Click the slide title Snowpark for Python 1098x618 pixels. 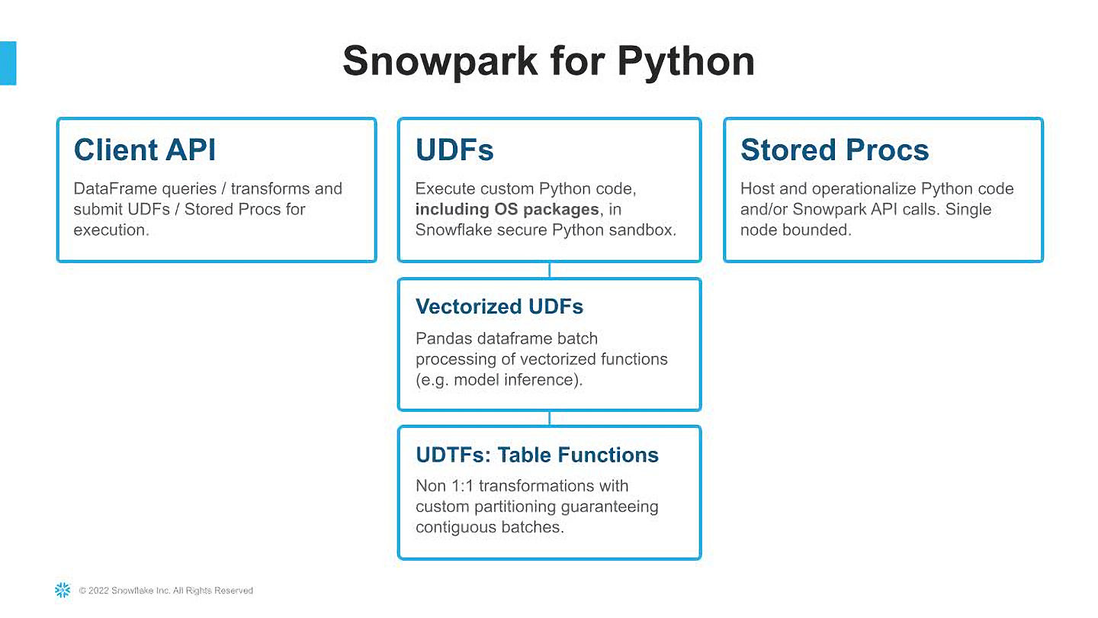548,61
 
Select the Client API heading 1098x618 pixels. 145,150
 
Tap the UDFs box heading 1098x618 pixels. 454,150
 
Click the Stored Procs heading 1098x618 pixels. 834,150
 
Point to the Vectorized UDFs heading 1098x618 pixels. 499,307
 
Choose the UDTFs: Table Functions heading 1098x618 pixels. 537,455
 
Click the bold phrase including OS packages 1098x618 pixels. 507,209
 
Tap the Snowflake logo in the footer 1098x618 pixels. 63,590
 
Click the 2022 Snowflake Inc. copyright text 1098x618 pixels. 166,591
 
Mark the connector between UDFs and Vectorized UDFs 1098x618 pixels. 549,270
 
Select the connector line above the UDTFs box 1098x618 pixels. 549,418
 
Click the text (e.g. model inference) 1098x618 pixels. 499,380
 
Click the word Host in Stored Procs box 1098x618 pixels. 757,188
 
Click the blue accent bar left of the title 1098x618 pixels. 8,63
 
